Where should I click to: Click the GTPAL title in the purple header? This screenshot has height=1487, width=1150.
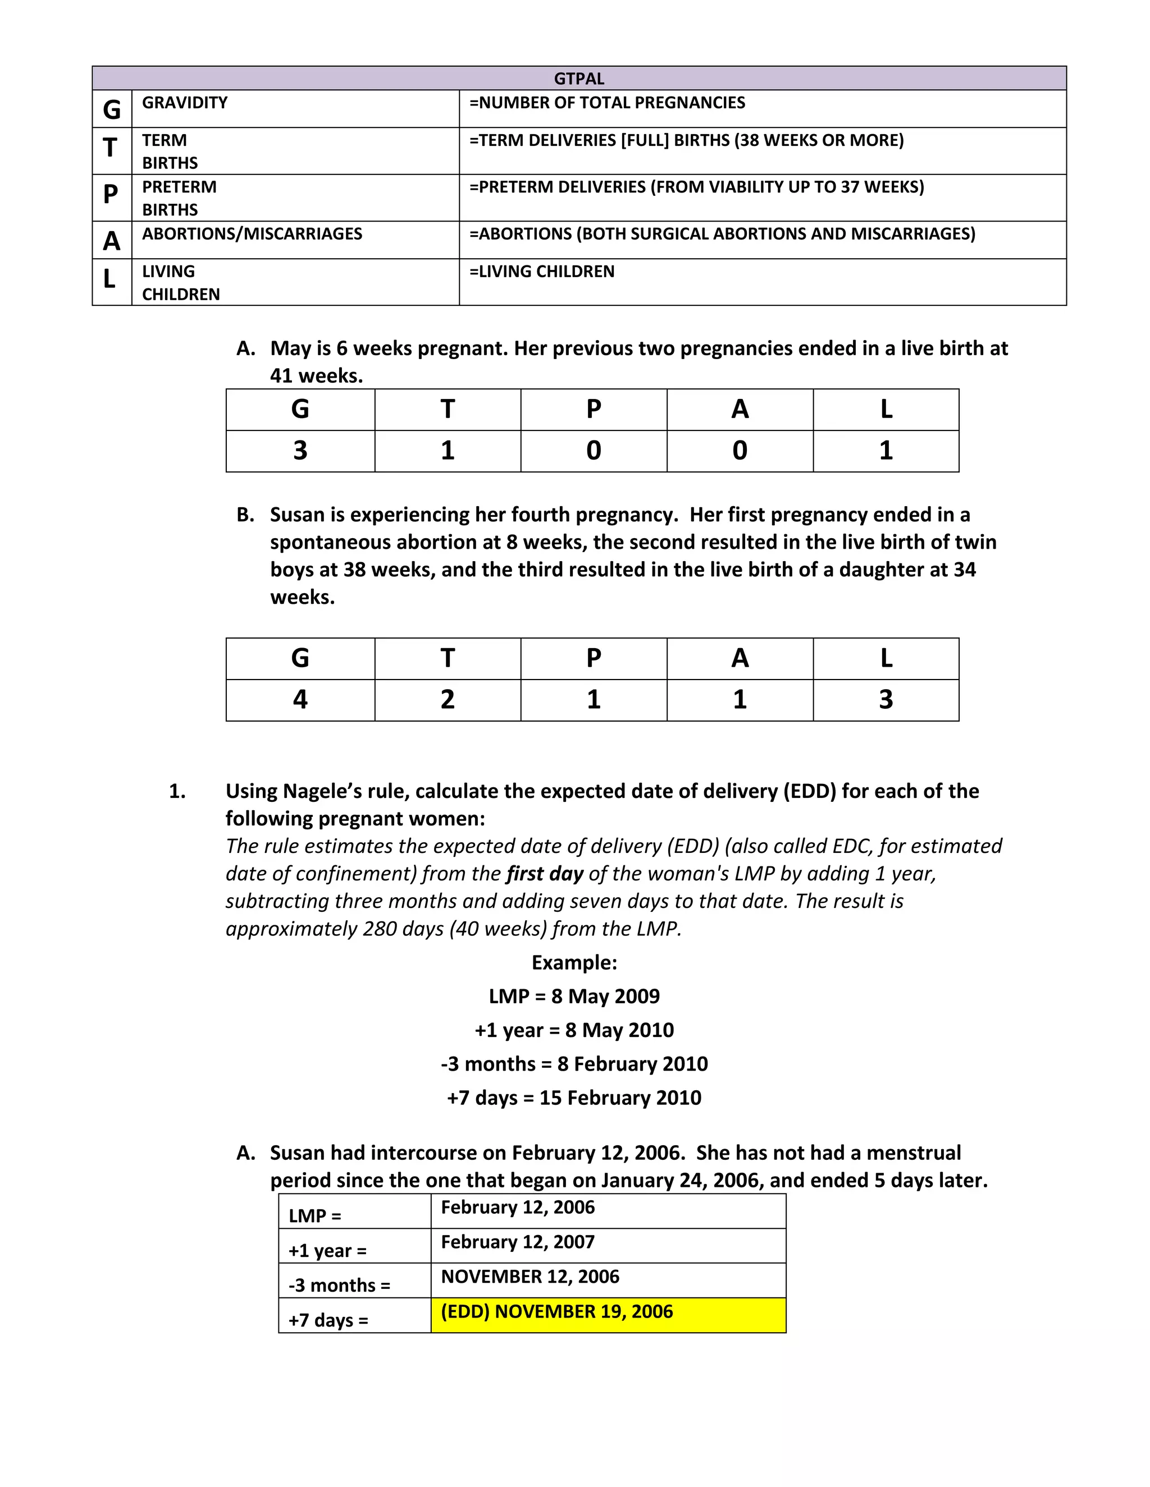pyautogui.click(x=578, y=79)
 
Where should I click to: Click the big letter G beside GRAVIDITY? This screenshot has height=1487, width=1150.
pyautogui.click(x=111, y=109)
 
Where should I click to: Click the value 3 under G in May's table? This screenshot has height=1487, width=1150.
pyautogui.click(x=300, y=451)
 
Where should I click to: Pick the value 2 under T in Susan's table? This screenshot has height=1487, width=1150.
pyautogui.click(x=447, y=700)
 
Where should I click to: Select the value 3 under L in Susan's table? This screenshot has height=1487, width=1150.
pyautogui.click(x=885, y=700)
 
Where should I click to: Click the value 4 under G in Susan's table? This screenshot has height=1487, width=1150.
pyautogui.click(x=300, y=700)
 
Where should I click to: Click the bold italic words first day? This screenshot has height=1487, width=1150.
pyautogui.click(x=544, y=874)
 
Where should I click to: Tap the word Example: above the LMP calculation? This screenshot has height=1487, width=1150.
pyautogui.click(x=574, y=963)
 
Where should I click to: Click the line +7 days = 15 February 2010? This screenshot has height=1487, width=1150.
pyautogui.click(x=574, y=1098)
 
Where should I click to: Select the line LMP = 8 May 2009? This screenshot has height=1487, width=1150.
pyautogui.click(x=574, y=996)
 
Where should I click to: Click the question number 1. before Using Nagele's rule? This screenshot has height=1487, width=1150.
pyautogui.click(x=177, y=791)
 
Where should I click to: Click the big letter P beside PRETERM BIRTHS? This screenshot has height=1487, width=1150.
pyautogui.click(x=111, y=195)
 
